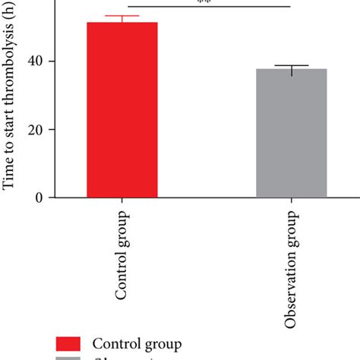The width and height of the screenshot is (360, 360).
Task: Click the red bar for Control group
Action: tap(122, 110)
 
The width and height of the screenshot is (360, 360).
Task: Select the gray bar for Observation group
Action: tap(292, 134)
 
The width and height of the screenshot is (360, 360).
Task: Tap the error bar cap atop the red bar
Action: tap(122, 16)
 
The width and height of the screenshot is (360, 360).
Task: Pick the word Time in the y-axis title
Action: tap(10, 176)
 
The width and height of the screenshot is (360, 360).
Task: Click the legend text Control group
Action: tap(137, 344)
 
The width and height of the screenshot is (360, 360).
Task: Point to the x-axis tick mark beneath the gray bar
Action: tap(292, 202)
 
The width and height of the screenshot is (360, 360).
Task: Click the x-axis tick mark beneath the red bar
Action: tap(122, 202)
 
